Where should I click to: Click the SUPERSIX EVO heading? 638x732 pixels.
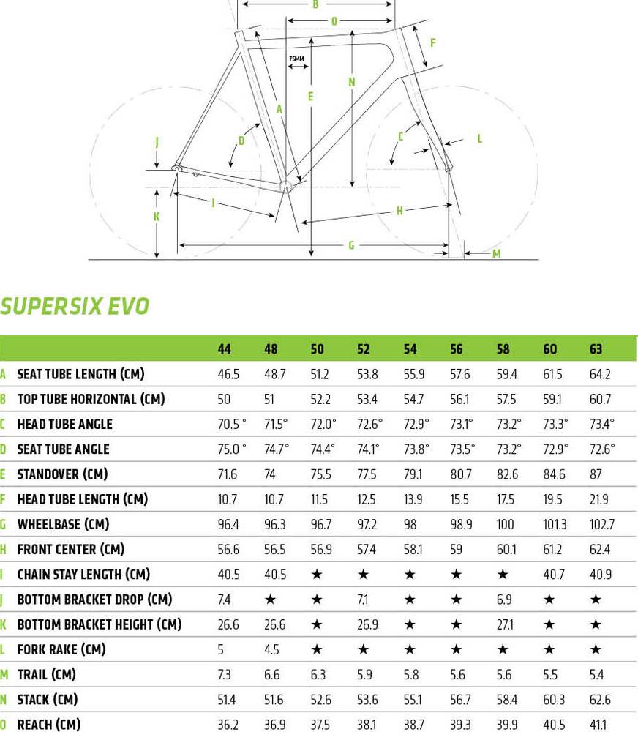point(74,305)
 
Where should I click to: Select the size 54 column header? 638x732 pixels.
point(410,349)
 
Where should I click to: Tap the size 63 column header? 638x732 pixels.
point(596,349)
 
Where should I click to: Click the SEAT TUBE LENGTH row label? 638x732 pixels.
point(80,374)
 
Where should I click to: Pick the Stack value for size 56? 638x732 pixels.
point(460,699)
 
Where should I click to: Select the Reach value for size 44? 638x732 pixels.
point(228,724)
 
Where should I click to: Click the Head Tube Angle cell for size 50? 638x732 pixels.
point(323,424)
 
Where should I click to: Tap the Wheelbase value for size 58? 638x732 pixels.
point(507,524)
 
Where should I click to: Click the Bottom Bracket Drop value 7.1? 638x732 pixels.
point(364,600)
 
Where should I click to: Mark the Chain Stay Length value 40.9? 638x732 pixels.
point(600,575)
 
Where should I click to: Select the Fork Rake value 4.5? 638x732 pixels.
point(271,649)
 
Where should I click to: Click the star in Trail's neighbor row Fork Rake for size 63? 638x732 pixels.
point(596,649)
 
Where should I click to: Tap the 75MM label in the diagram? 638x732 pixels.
point(296,57)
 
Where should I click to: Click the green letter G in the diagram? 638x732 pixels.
point(351,245)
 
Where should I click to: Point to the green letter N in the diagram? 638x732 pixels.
point(352,81)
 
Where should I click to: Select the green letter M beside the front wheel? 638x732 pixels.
point(496,254)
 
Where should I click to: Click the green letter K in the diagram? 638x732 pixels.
point(157,217)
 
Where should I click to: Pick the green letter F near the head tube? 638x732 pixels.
point(433,42)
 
